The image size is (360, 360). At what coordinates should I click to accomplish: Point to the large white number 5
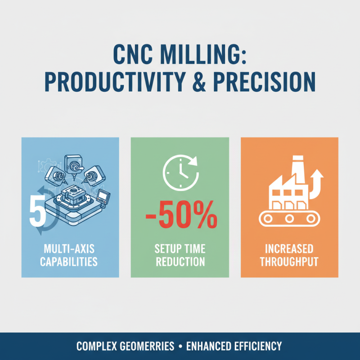coord(36,210)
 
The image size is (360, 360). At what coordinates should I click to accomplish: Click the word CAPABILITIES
coord(69,261)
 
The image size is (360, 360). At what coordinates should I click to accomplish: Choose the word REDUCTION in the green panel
coord(180,261)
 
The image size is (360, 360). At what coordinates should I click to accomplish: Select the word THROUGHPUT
coord(289,261)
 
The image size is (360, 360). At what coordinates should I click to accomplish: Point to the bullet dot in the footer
coord(180,346)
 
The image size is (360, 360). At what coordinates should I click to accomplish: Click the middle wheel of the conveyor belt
coord(289,219)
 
